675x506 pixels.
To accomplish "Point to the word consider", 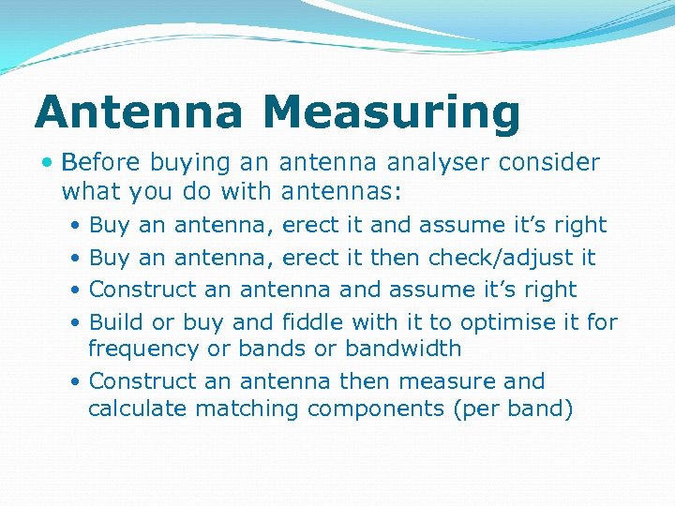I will pos(548,162).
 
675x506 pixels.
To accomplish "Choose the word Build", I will pos(116,322).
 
